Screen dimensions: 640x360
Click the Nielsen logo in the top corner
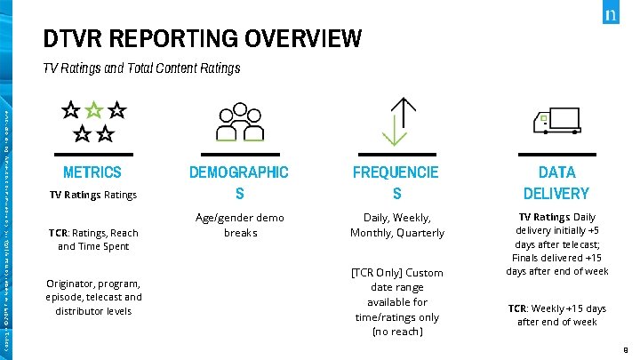[611, 15]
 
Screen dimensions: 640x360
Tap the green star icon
[93, 112]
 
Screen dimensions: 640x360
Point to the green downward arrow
[389, 132]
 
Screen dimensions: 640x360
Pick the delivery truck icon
[556, 121]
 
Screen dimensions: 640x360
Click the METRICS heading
[92, 172]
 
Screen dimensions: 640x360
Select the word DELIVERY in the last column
[556, 193]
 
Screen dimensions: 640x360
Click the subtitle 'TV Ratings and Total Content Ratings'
[141, 68]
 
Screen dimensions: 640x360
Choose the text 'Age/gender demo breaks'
[240, 225]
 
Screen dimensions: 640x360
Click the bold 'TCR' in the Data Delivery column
[517, 308]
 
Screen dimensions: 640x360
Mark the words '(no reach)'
[396, 332]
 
